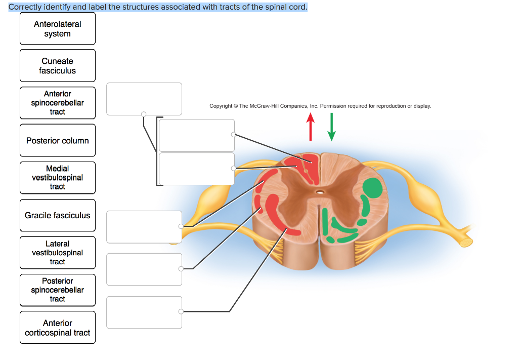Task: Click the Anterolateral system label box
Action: pyautogui.click(x=57, y=29)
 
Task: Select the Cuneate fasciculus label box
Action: pyautogui.click(x=57, y=66)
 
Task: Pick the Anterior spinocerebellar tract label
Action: pyautogui.click(x=57, y=103)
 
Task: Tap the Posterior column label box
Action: pyautogui.click(x=57, y=141)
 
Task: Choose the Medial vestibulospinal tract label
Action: pyautogui.click(x=57, y=178)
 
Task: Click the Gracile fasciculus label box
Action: pyautogui.click(x=57, y=216)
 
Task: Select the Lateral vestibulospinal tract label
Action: pyautogui.click(x=57, y=253)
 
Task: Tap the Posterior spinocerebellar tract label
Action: pyautogui.click(x=57, y=290)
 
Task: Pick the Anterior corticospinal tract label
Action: pyautogui.click(x=57, y=328)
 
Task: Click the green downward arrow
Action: pyautogui.click(x=331, y=127)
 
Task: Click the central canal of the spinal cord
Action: pyautogui.click(x=320, y=192)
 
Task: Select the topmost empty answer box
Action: pyautogui.click(x=144, y=99)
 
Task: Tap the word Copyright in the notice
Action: pyautogui.click(x=221, y=106)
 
